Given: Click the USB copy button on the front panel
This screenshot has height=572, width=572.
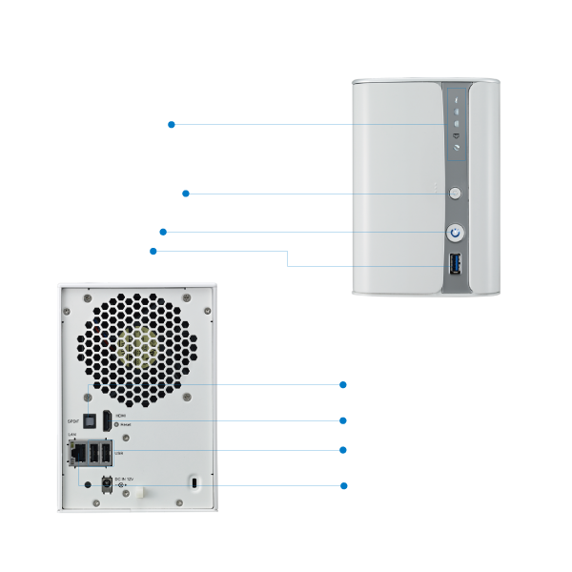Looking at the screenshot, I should [456, 193].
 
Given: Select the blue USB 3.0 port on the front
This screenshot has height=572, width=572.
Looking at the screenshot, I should [456, 265].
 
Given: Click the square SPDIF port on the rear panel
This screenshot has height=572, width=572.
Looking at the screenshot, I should [89, 418].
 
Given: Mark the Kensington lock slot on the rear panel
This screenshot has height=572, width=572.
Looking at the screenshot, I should [194, 483].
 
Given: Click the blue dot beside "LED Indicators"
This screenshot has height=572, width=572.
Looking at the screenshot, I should [171, 124].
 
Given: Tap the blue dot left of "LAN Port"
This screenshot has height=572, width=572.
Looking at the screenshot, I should [343, 486].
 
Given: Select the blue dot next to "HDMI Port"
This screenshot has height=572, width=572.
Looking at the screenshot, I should [343, 420].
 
